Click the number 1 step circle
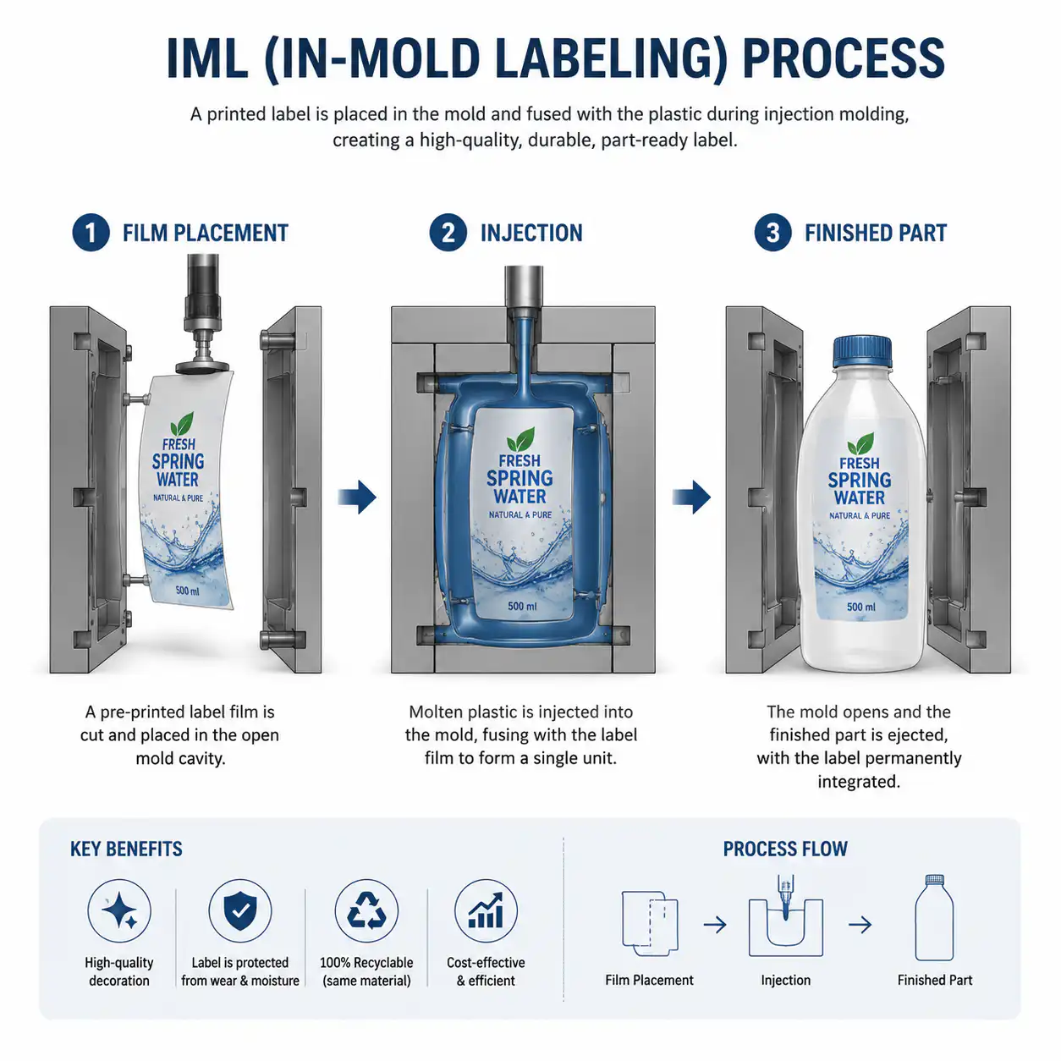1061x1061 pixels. (x=91, y=233)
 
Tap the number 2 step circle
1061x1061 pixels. (x=448, y=233)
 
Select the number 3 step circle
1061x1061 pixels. (x=772, y=233)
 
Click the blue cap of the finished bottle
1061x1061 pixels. (x=861, y=351)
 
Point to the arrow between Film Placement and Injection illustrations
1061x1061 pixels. (x=357, y=498)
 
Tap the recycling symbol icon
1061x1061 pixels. (x=366, y=910)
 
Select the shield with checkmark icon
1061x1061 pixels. (x=240, y=910)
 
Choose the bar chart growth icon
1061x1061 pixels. (x=486, y=910)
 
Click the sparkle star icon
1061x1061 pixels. (x=119, y=911)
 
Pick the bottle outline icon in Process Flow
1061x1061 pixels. (x=934, y=925)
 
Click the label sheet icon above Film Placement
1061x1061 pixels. (x=650, y=923)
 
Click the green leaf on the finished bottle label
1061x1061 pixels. (x=860, y=444)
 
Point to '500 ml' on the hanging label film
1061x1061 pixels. (x=187, y=591)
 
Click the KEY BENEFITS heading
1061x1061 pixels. (x=126, y=849)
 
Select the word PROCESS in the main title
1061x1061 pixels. (x=844, y=58)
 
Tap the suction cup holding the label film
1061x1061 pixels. (x=202, y=366)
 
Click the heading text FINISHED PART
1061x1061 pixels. (x=876, y=233)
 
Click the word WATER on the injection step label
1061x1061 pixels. (x=520, y=497)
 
